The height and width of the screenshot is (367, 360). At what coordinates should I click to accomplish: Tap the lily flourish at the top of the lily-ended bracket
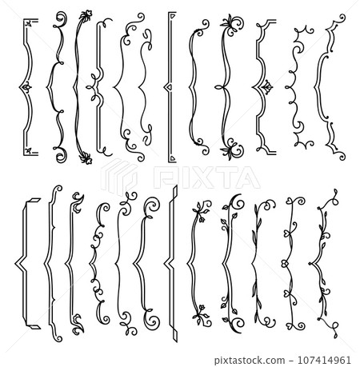234,21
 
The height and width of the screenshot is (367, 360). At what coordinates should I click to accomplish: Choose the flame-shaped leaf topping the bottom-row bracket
76,199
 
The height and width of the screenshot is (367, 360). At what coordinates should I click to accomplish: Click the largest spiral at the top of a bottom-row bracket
148,205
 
